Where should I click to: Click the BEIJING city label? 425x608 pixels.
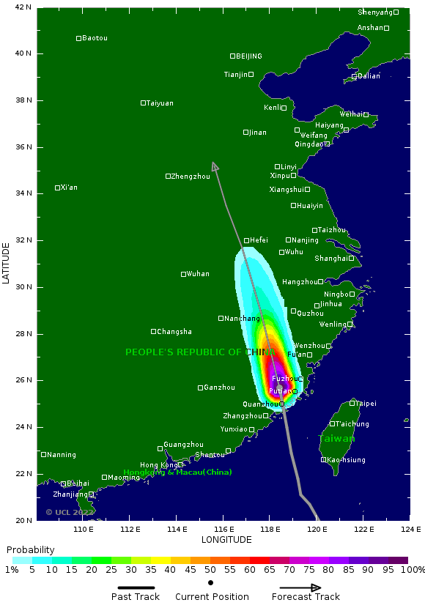pyautogui.click(x=248, y=56)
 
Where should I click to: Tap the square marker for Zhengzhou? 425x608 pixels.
pyautogui.click(x=168, y=176)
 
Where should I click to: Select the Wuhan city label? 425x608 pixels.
pyautogui.click(x=198, y=274)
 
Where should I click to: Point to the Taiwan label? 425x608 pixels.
pyautogui.click(x=336, y=439)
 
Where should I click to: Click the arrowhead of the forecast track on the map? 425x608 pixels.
pyautogui.click(x=215, y=166)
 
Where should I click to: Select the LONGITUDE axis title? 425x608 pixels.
pyautogui.click(x=226, y=540)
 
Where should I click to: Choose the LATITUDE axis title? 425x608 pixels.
pyautogui.click(x=7, y=264)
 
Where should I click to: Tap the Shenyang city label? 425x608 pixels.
pyautogui.click(x=375, y=12)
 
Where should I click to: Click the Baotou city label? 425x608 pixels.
pyautogui.click(x=95, y=38)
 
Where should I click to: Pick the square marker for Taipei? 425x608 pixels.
pyautogui.click(x=352, y=403)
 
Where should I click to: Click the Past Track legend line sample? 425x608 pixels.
pyautogui.click(x=136, y=587)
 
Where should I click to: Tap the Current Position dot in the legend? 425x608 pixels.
pyautogui.click(x=211, y=583)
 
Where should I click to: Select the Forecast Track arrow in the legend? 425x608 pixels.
pyautogui.click(x=300, y=587)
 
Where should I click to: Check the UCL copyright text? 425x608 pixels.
pyautogui.click(x=70, y=512)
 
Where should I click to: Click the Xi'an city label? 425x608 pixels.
pyautogui.click(x=69, y=188)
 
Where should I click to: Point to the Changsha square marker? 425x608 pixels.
pyautogui.click(x=153, y=332)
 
